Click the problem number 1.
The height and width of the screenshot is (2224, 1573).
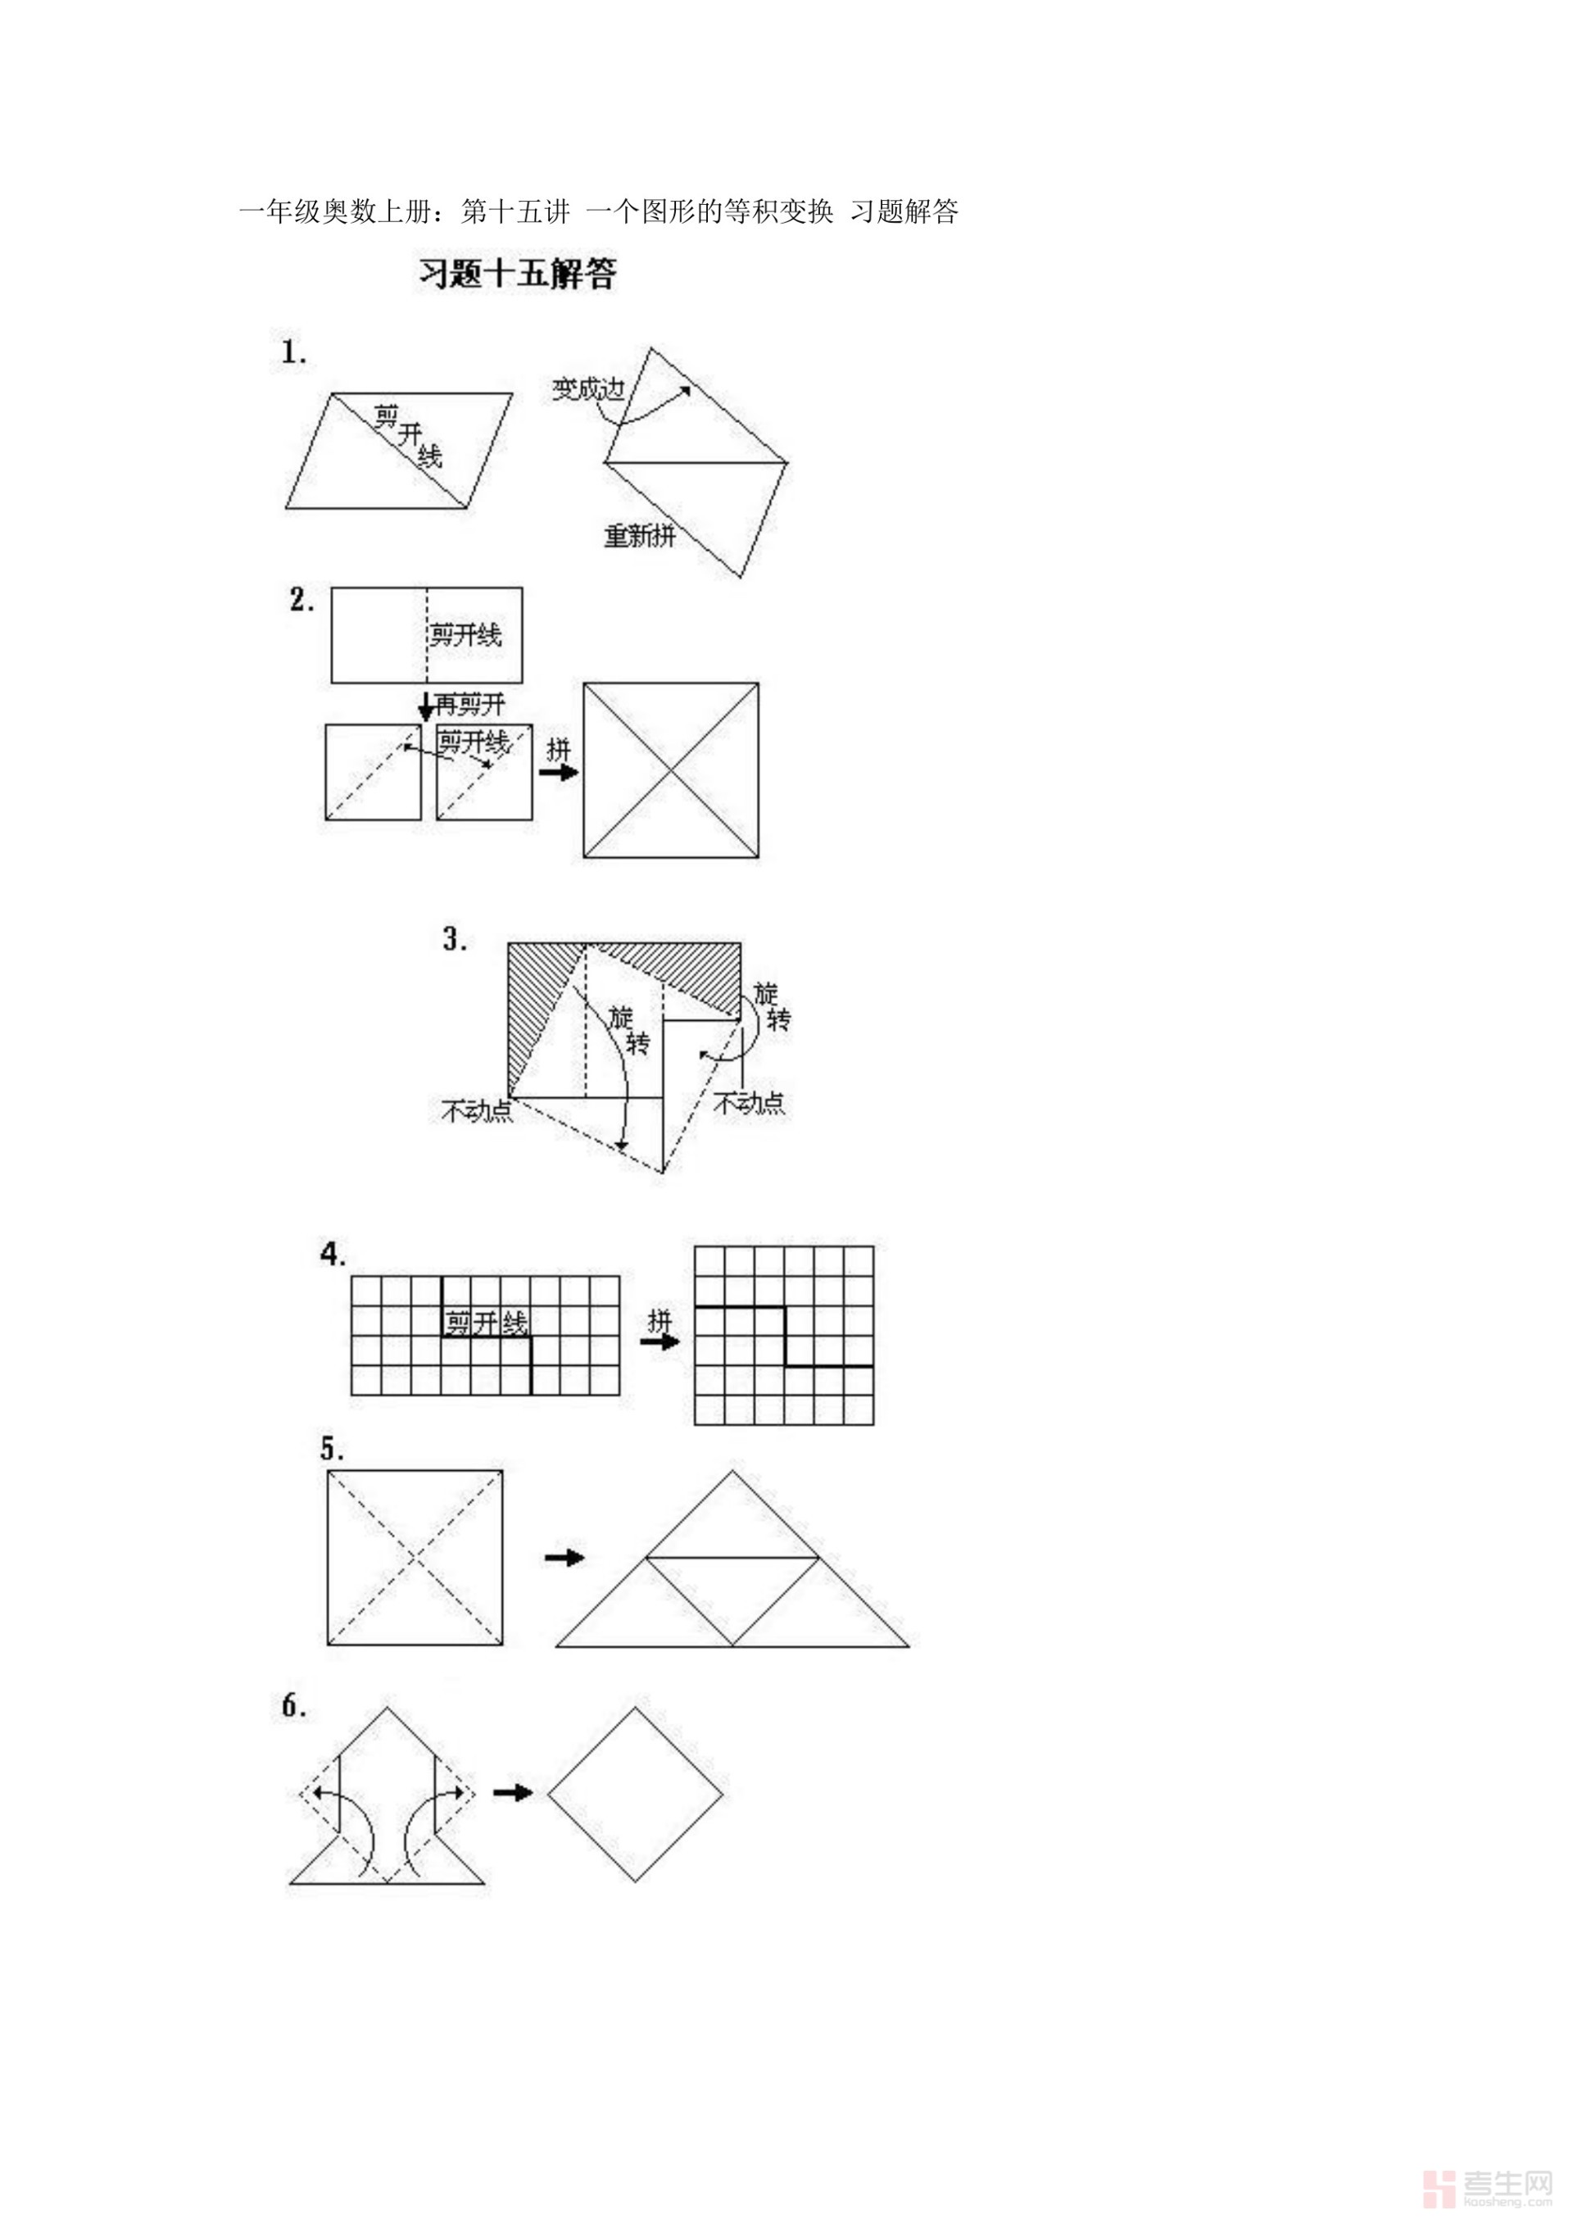point(293,352)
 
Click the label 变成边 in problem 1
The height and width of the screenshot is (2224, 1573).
point(588,389)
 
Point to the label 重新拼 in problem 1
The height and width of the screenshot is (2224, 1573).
point(639,536)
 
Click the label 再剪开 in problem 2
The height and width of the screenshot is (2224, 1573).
point(469,704)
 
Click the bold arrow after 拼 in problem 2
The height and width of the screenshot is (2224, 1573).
point(559,772)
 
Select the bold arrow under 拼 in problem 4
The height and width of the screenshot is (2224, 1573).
point(660,1341)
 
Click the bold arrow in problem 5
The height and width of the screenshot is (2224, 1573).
point(564,1557)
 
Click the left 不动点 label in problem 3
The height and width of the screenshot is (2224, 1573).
point(477,1111)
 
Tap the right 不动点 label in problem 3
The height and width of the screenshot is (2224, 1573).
point(749,1103)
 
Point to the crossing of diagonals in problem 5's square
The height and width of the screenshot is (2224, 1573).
point(415,1557)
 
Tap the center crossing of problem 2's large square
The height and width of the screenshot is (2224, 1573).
point(670,770)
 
